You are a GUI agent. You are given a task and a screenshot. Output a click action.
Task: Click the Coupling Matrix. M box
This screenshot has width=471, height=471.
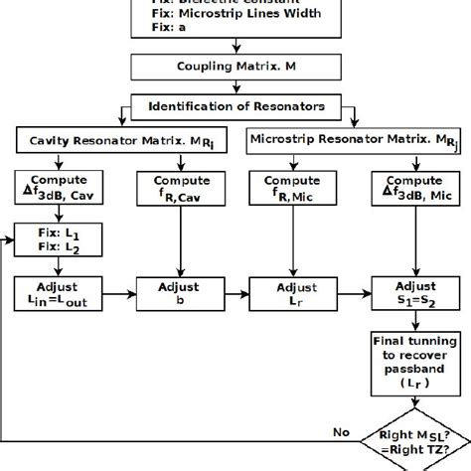(235, 68)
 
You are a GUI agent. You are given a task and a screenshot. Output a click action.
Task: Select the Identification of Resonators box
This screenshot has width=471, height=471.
(235, 103)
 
